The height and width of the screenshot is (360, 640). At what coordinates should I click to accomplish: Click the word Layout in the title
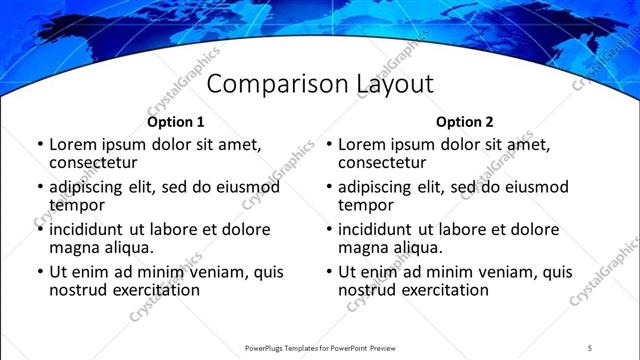click(x=394, y=84)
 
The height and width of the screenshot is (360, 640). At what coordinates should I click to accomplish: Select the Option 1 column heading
click(x=175, y=122)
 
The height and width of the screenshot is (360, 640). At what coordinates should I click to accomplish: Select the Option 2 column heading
click(x=465, y=122)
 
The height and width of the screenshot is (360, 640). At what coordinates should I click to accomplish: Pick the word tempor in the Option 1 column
click(x=75, y=206)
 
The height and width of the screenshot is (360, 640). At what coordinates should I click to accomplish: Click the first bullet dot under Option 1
click(x=40, y=144)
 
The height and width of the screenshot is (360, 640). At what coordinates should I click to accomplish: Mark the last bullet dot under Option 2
click(x=329, y=272)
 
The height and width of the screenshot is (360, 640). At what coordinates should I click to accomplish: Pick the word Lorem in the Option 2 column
click(x=361, y=144)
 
